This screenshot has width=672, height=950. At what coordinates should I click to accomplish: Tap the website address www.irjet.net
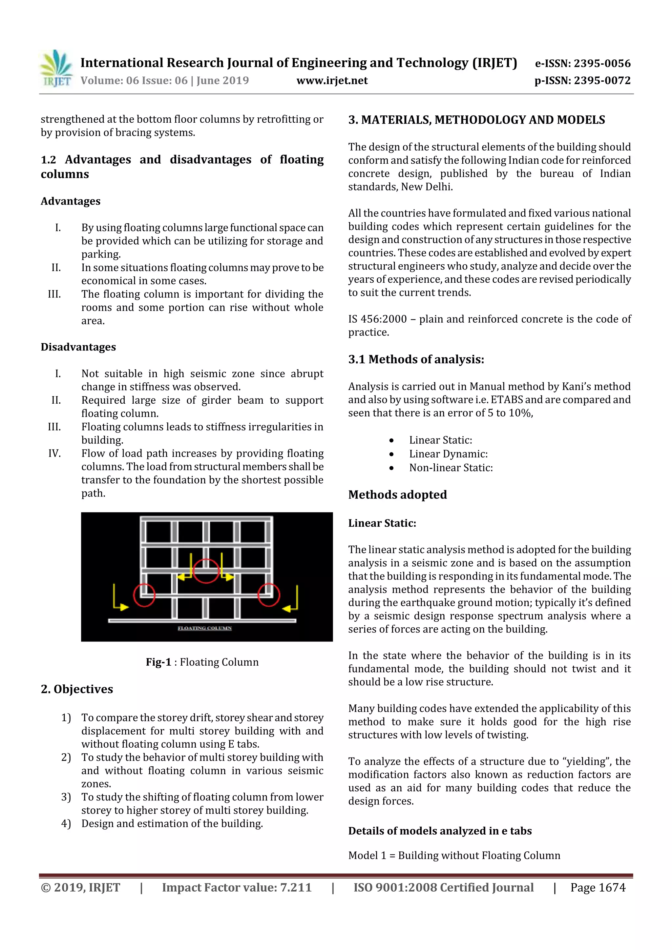tap(332, 81)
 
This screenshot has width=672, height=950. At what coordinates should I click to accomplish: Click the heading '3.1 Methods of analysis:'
tap(416, 359)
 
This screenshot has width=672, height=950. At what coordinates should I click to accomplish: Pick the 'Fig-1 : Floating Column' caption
tap(202, 662)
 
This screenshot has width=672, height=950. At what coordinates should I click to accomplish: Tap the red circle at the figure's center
tap(206, 571)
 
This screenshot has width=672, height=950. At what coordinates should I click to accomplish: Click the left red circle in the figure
tap(144, 595)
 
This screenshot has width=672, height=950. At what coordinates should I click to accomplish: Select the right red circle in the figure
tap(269, 595)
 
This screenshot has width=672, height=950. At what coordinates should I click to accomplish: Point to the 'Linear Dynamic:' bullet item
tap(448, 454)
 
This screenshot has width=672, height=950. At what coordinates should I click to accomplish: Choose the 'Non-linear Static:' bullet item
tap(451, 468)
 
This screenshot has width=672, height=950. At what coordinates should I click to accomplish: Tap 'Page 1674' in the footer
tap(598, 887)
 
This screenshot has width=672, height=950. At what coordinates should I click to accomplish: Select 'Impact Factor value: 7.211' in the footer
tap(237, 887)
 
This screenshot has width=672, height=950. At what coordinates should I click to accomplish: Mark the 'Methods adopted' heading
tap(397, 495)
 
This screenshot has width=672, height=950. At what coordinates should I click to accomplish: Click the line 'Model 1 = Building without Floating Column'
tap(454, 855)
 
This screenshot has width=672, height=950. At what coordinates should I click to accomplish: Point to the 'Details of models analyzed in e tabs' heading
tap(439, 831)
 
